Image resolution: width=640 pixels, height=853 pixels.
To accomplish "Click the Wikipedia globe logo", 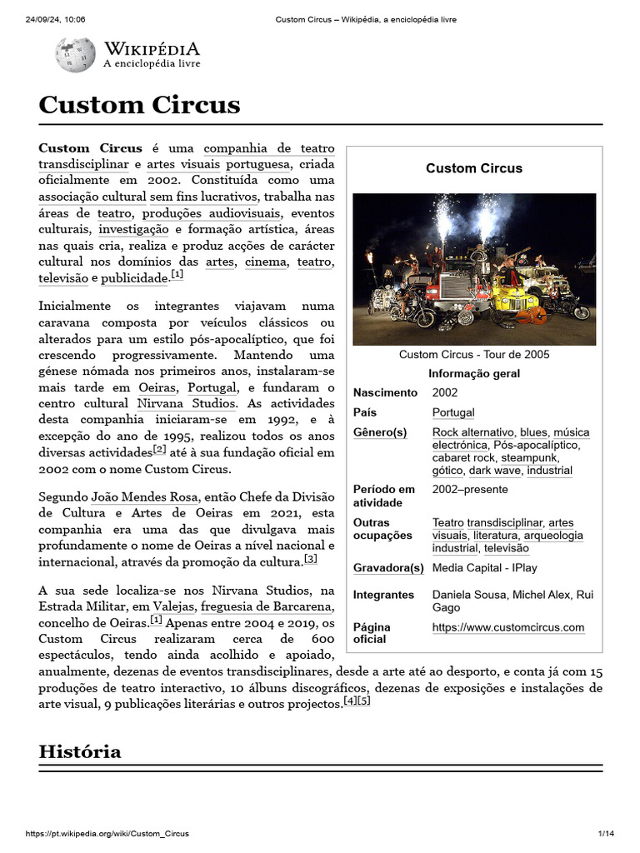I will (x=75, y=54).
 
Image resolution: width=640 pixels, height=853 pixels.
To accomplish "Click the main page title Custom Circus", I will (x=139, y=105).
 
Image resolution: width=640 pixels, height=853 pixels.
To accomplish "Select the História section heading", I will (x=80, y=751).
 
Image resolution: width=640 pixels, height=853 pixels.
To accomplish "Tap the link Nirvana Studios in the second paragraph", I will (x=185, y=402).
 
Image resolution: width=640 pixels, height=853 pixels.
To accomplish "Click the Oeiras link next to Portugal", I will (x=157, y=387).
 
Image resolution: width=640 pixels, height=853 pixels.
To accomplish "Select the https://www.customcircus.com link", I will (x=507, y=627).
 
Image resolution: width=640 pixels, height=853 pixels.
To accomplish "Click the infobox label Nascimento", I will (x=385, y=392).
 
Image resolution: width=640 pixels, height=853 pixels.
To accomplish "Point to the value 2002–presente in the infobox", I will (x=468, y=490).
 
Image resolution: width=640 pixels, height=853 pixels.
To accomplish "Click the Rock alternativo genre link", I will (x=472, y=432).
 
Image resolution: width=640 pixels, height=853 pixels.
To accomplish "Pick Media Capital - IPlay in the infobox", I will (x=484, y=568).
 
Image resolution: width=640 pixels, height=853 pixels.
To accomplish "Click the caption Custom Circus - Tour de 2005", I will (x=474, y=354).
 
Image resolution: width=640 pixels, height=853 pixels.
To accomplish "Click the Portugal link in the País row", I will (x=453, y=412).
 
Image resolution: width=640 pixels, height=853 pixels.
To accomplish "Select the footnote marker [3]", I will (x=310, y=559).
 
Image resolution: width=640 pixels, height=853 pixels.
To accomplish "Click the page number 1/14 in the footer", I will (x=606, y=834).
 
